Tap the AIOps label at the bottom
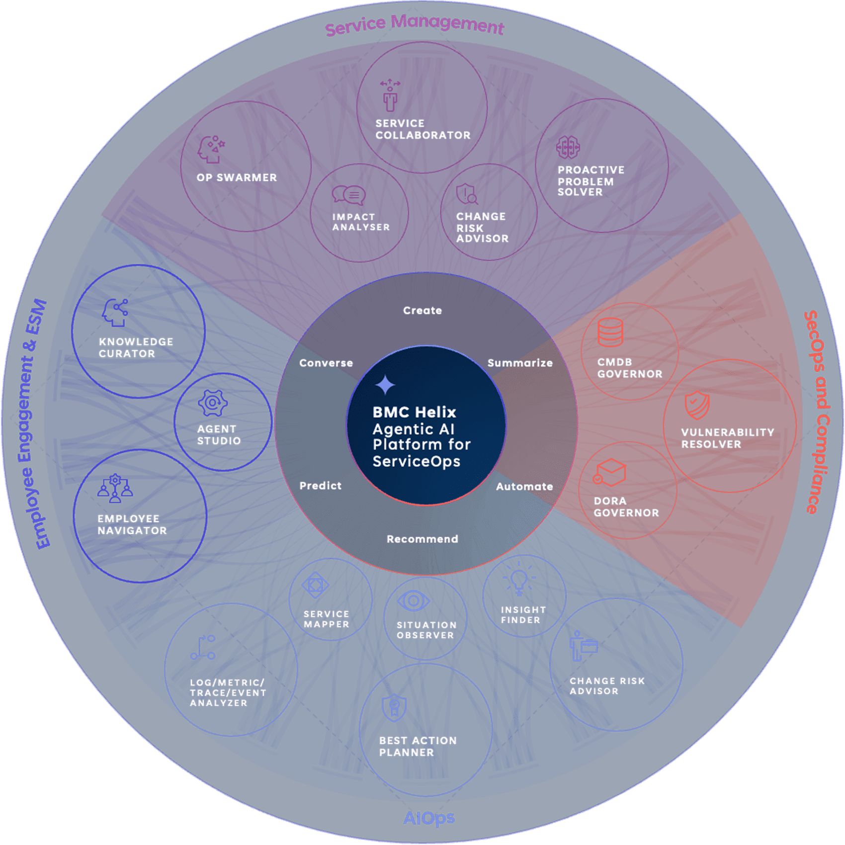(x=428, y=818)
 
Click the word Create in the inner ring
(x=422, y=311)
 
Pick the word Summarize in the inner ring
(x=519, y=363)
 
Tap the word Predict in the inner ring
(x=320, y=486)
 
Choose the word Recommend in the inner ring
(x=422, y=539)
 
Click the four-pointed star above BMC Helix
(x=385, y=385)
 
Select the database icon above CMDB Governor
(x=610, y=332)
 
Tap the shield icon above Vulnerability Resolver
(x=697, y=405)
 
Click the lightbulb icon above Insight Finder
(x=519, y=579)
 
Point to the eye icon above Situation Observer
(x=413, y=601)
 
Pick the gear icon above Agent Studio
(x=213, y=403)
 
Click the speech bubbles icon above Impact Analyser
(x=348, y=195)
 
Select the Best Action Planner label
(x=418, y=746)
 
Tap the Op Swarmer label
(x=237, y=177)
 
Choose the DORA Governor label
(x=626, y=507)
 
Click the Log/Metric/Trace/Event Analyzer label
(x=228, y=692)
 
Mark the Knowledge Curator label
(x=136, y=347)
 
